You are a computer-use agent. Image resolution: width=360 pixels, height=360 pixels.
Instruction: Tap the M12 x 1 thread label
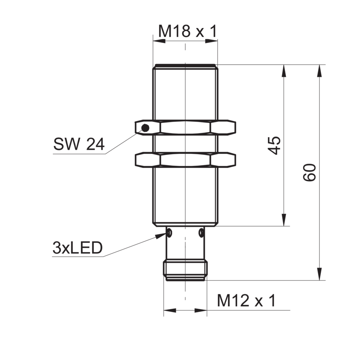click(246, 300)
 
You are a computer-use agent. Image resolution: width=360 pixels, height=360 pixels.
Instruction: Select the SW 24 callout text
click(79, 144)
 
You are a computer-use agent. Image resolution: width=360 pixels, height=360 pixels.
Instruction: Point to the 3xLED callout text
click(77, 248)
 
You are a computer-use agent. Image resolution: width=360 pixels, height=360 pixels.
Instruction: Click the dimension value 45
click(275, 145)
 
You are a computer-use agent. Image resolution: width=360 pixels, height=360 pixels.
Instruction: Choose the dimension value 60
click(310, 172)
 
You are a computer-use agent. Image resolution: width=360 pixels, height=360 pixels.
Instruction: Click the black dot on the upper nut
click(145, 127)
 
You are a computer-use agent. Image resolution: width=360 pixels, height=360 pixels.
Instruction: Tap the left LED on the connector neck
click(170, 232)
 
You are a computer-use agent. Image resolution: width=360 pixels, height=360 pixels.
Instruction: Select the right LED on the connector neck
click(201, 232)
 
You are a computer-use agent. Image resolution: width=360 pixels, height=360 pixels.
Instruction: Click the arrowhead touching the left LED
click(161, 235)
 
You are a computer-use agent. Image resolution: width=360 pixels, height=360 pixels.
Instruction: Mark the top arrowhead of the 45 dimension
click(284, 71)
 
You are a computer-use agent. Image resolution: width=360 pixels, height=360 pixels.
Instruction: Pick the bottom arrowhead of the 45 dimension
click(284, 220)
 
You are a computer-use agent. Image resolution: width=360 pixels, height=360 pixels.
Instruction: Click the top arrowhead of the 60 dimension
click(319, 71)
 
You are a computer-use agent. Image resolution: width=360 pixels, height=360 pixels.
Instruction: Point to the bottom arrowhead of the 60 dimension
click(319, 274)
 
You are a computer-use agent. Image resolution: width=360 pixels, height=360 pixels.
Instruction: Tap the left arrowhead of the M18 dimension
click(159, 41)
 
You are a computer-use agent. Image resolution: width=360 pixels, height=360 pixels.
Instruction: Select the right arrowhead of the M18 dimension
click(211, 41)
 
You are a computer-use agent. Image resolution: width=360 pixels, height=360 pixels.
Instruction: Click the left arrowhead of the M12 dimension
click(170, 310)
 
